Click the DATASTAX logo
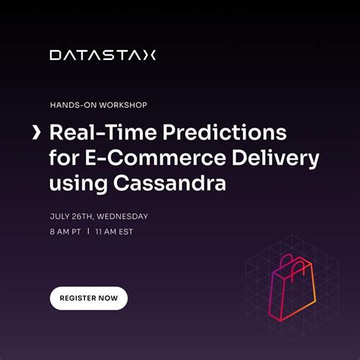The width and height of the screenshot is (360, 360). [103, 55]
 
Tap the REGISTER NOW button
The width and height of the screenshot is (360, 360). [89, 298]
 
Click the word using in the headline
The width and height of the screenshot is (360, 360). [73, 185]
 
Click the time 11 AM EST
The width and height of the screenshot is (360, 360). [113, 231]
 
